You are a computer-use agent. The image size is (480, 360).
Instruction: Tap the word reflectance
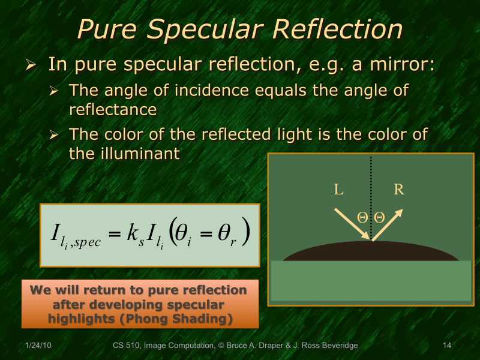[113, 110]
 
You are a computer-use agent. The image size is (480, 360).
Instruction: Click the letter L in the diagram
[339, 190]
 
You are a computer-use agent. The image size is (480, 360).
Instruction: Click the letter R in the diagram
[399, 190]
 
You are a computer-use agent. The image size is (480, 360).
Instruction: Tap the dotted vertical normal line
[372, 180]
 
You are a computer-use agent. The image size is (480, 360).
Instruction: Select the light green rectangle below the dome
[371, 280]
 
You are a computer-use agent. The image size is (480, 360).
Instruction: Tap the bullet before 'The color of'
[53, 135]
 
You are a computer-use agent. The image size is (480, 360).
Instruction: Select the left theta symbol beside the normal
[362, 218]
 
